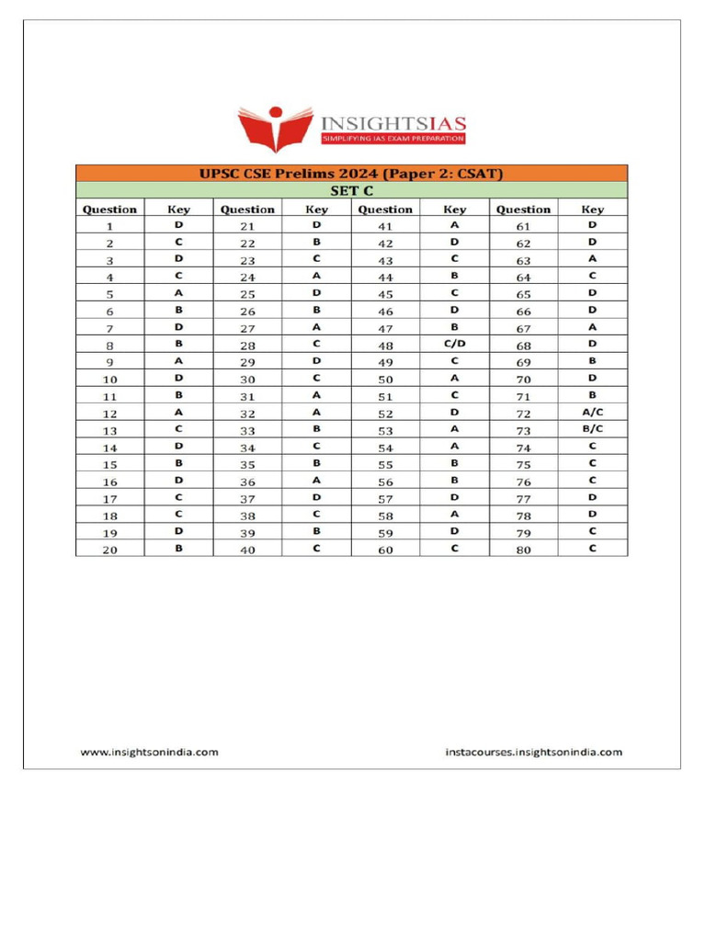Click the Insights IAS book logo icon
[x=274, y=128]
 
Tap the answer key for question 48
[x=454, y=344]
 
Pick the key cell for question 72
[x=592, y=413]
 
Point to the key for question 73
[x=592, y=429]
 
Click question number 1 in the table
[x=109, y=226]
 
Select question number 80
[x=523, y=550]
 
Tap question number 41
[x=385, y=226]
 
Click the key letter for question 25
[x=316, y=293]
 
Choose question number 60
[x=385, y=550]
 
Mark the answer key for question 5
[x=178, y=293]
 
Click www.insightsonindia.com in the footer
[x=150, y=752]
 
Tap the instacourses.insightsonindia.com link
[x=533, y=752]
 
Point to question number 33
[x=247, y=430]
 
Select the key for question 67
[x=592, y=327]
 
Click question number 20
[x=109, y=550]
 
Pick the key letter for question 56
[x=454, y=481]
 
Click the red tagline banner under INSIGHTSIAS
[x=393, y=139]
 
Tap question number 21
[x=247, y=226]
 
